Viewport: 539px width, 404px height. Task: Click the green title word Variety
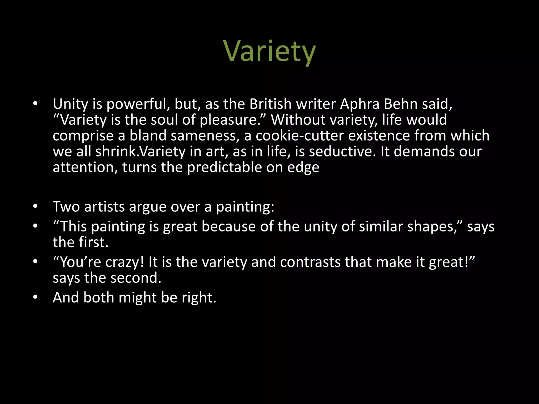tap(269, 52)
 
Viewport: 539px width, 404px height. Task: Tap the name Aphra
tap(360, 104)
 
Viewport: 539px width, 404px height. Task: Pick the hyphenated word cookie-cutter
tap(300, 136)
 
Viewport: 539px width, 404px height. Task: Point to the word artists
tap(104, 206)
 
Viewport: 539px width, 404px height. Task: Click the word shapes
tap(434, 227)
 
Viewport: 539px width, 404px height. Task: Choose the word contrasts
tap(310, 262)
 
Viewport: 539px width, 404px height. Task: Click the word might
tap(137, 298)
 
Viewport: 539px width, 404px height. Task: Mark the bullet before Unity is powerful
tap(36, 104)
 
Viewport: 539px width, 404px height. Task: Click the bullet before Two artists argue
tap(36, 207)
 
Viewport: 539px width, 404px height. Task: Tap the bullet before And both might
tap(36, 297)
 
